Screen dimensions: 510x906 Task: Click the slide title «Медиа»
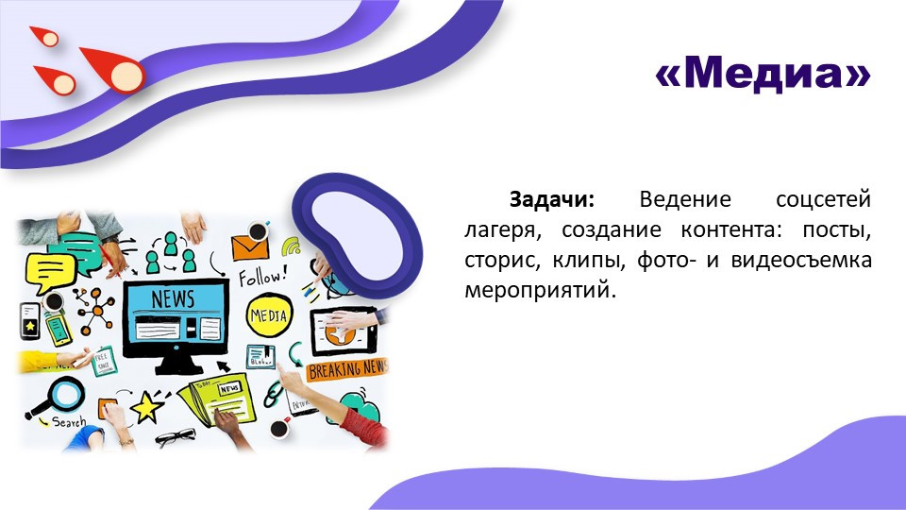point(762,73)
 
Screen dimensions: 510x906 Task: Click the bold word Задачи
point(551,200)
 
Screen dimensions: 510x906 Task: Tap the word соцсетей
point(822,200)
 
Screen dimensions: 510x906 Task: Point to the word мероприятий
point(539,288)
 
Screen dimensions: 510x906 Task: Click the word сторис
point(497,259)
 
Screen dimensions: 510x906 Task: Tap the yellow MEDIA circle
point(269,314)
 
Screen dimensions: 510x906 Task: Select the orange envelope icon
point(250,247)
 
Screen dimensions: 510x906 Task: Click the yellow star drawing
point(146,408)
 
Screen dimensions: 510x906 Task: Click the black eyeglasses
point(176,436)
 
